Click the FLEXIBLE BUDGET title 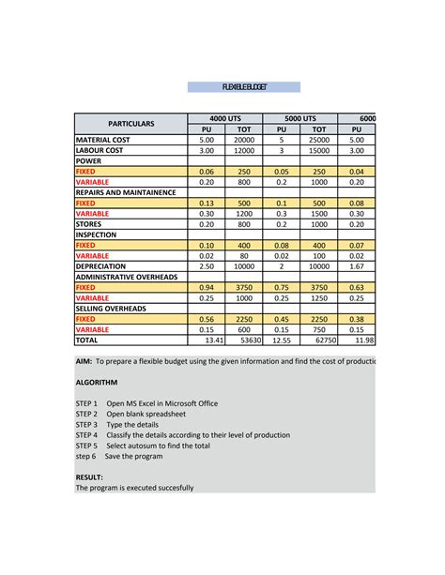[244, 86]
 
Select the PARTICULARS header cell [130, 123]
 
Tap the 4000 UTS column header [225, 118]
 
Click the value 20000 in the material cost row [244, 139]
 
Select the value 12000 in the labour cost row [244, 150]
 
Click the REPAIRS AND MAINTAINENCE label [126, 192]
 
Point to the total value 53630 [248, 341]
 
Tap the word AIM [84, 361]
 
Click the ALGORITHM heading [97, 383]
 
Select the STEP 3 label [86, 425]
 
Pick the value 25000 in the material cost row [319, 139]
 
